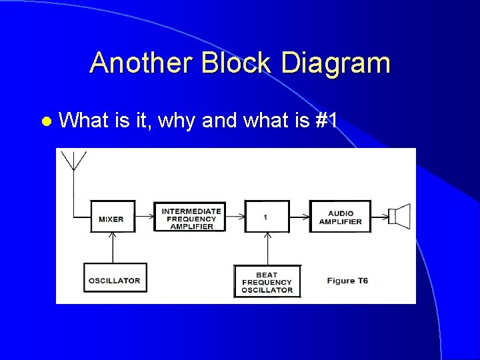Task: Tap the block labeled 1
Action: tap(267, 217)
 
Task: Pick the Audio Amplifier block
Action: tap(340, 217)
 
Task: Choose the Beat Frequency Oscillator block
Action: tap(267, 281)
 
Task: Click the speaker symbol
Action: tap(399, 216)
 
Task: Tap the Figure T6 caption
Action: tap(347, 281)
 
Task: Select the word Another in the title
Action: tap(139, 63)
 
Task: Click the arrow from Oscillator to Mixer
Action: tap(113, 247)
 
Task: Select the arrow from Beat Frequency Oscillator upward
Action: tap(267, 248)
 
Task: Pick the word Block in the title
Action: tap(237, 63)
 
